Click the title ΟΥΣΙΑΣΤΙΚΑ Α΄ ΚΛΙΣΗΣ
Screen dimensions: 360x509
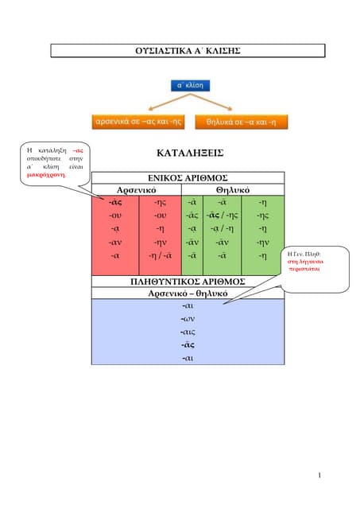point(188,51)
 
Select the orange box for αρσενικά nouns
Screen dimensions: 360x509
point(138,122)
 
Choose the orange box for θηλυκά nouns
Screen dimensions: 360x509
point(241,122)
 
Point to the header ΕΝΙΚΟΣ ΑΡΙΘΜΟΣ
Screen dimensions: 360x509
point(188,177)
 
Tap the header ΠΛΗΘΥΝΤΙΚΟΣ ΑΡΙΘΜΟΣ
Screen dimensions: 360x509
point(188,282)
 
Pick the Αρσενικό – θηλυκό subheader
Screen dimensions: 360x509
point(188,293)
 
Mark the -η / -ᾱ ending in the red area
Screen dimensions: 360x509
point(160,255)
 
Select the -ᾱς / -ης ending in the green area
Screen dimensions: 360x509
point(222,216)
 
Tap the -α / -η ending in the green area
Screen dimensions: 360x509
point(222,229)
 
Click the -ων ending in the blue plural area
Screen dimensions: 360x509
point(188,319)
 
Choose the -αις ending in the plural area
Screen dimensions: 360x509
point(188,332)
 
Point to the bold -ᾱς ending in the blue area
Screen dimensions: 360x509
point(188,345)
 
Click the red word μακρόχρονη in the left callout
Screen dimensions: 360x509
point(47,174)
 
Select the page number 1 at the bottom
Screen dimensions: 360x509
point(318,476)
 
